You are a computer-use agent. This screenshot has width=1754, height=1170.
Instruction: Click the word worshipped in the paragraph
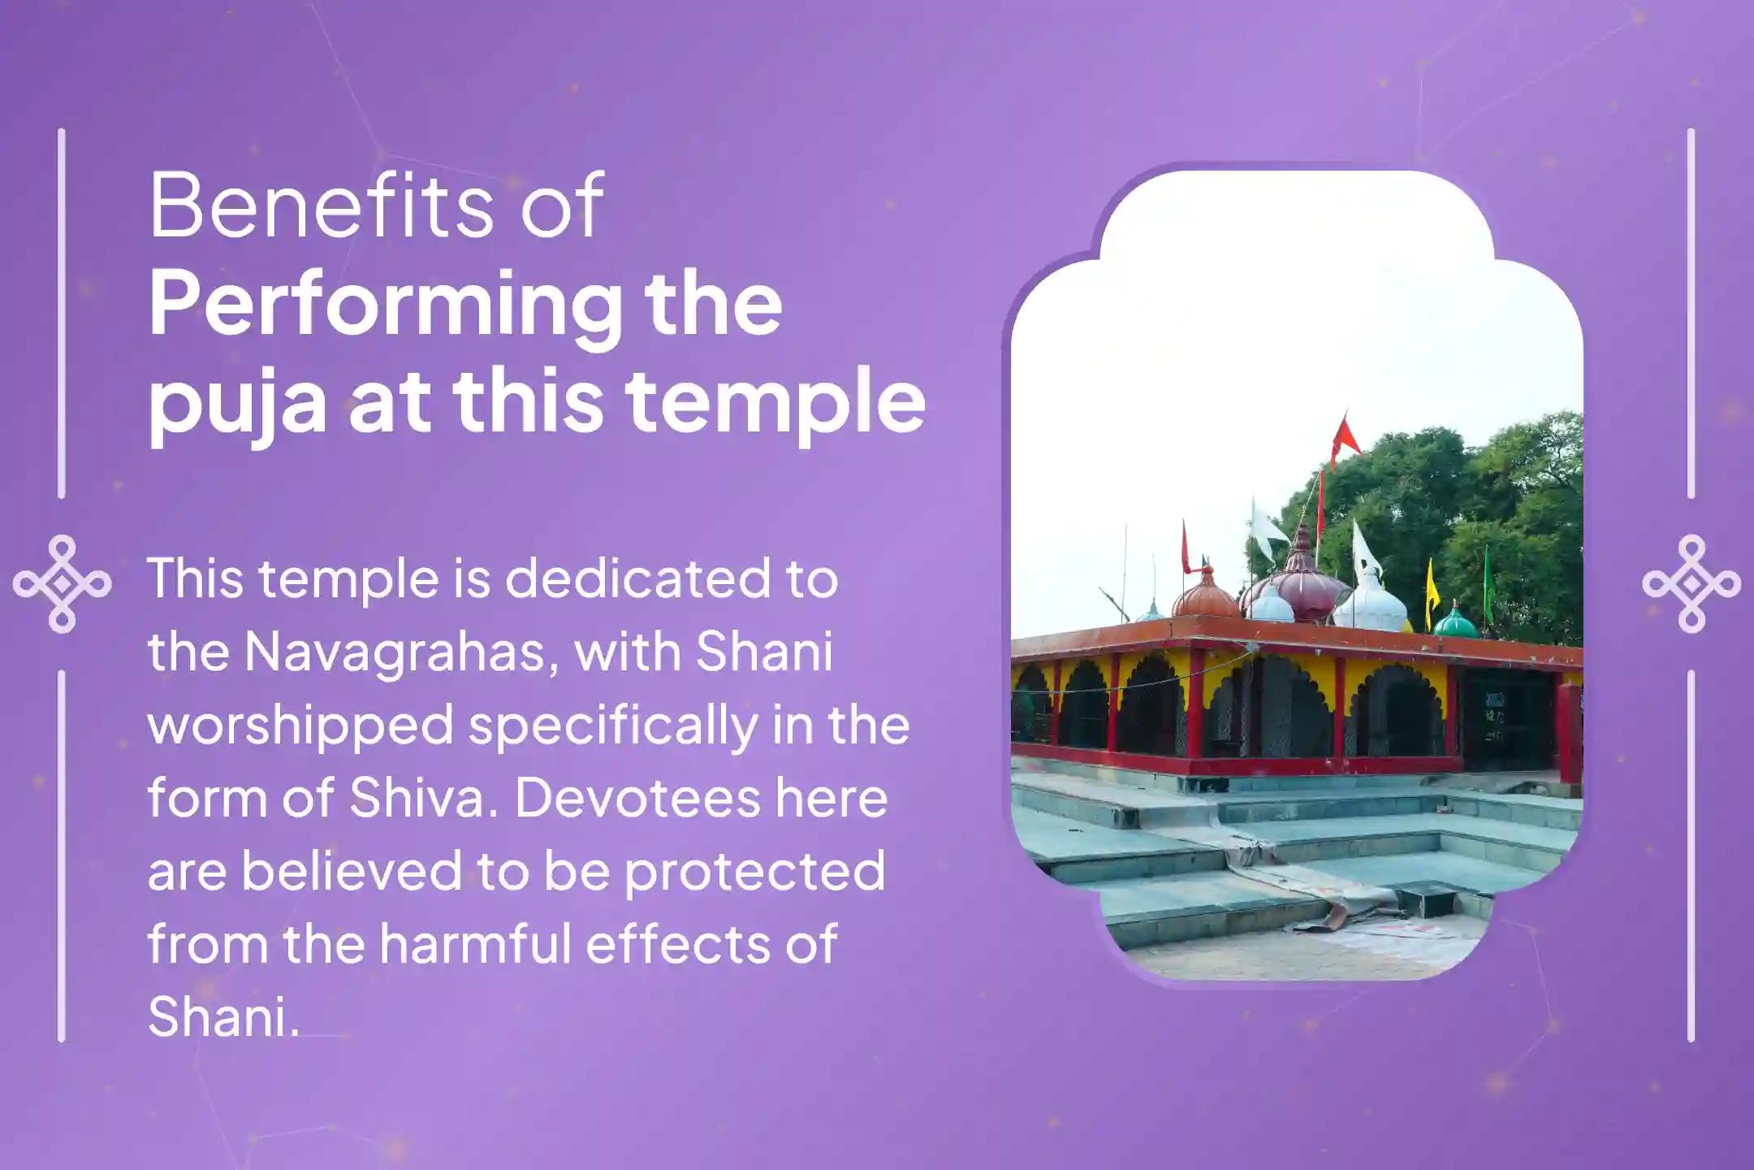click(x=300, y=726)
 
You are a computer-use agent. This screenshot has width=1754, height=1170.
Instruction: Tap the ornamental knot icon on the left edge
click(x=63, y=583)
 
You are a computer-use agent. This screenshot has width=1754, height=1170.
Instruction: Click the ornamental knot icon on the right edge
click(x=1691, y=583)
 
